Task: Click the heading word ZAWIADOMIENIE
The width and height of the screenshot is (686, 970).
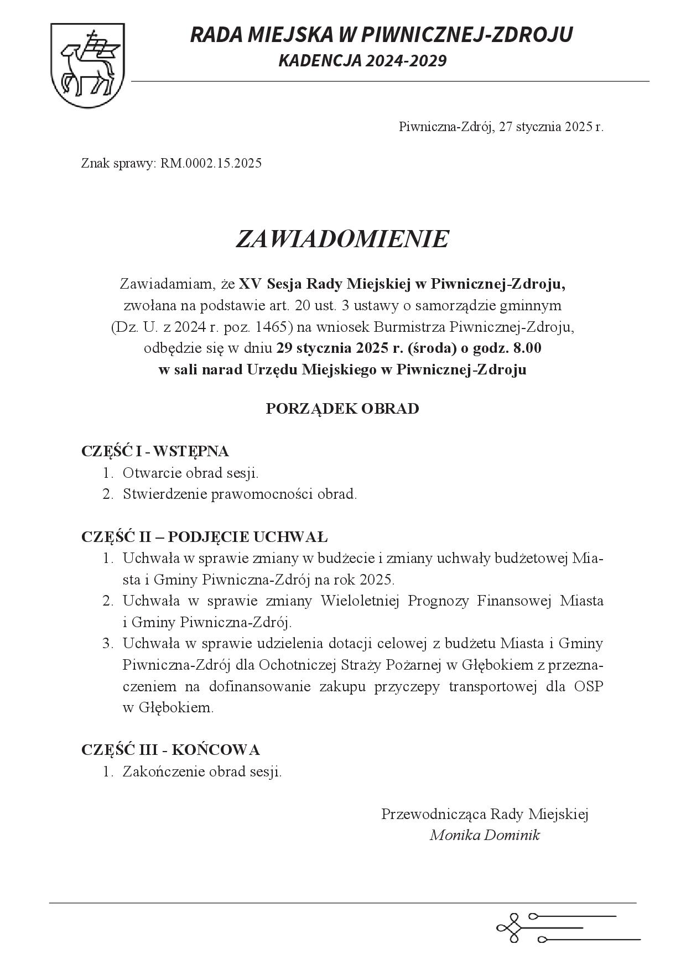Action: [x=342, y=239]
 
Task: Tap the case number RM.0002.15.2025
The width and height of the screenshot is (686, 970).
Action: [x=211, y=164]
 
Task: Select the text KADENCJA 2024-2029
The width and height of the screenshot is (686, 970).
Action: [x=362, y=61]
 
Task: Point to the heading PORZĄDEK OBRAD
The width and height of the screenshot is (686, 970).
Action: [x=342, y=409]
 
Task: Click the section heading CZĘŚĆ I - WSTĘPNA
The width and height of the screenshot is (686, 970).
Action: [x=155, y=451]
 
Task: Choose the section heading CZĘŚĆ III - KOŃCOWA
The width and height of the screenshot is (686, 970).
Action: [x=170, y=750]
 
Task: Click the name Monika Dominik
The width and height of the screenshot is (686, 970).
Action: [x=485, y=835]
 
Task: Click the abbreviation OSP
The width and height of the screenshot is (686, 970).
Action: [x=588, y=686]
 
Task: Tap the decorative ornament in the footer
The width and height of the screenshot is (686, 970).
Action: [x=567, y=927]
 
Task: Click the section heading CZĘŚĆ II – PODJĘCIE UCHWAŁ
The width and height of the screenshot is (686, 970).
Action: [x=205, y=537]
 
